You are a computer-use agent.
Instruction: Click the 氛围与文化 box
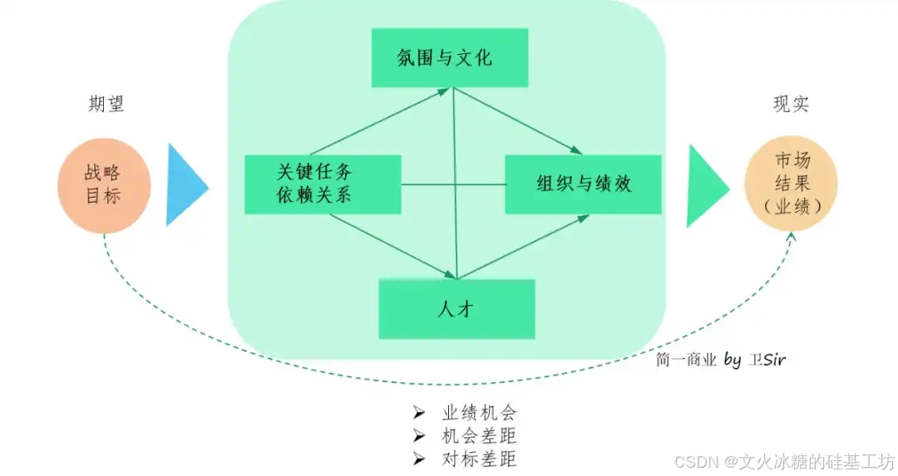click(x=449, y=57)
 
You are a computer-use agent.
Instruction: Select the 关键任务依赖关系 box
click(x=323, y=184)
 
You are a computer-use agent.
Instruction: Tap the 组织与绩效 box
click(x=583, y=184)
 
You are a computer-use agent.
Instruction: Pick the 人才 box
click(x=456, y=308)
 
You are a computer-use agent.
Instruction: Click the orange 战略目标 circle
click(x=103, y=184)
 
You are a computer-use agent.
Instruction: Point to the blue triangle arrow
click(x=185, y=184)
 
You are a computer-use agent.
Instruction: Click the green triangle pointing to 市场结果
click(x=706, y=184)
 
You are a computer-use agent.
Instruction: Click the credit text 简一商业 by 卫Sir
click(x=720, y=360)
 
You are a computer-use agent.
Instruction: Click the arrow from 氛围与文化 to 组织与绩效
click(x=516, y=121)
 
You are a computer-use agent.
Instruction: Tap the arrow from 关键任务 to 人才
click(x=391, y=246)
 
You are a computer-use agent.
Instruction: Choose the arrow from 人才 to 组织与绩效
click(x=524, y=247)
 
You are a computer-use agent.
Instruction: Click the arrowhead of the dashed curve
click(x=790, y=238)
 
